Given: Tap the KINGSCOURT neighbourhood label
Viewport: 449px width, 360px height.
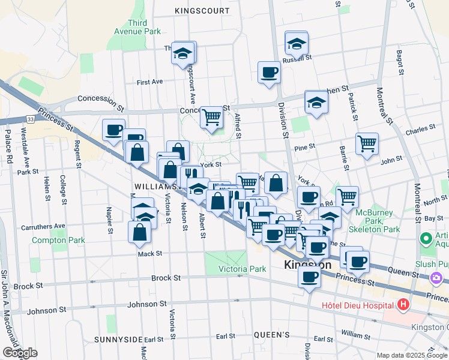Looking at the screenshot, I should [202, 11].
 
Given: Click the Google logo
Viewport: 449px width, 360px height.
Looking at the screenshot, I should [20, 353].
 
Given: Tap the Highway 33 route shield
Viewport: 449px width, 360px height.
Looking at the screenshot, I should [30, 120].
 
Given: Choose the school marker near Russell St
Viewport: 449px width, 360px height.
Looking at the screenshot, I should [296, 43].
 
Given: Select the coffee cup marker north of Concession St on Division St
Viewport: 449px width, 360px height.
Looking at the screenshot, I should [268, 73].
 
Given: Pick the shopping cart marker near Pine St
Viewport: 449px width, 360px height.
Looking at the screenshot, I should [367, 144].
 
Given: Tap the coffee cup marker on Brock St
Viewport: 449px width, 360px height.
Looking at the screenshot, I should [309, 277].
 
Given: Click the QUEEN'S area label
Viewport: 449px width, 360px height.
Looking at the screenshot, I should [272, 335].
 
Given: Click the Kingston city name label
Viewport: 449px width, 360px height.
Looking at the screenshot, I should [307, 265].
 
